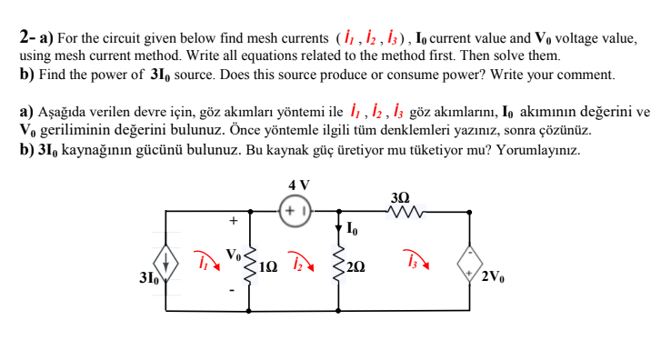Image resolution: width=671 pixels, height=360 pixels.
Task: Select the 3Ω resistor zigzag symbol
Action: click(400, 212)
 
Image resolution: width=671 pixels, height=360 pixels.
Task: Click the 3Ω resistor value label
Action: click(399, 195)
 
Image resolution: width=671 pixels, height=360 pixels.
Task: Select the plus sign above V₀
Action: click(234, 220)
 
